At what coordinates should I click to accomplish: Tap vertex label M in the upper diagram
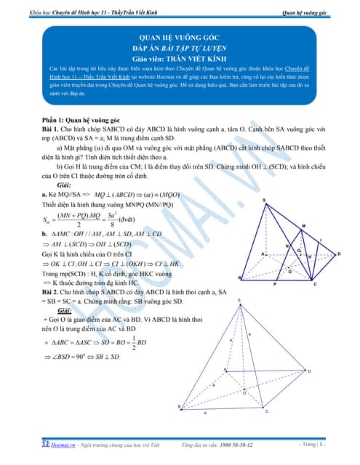click(303, 226)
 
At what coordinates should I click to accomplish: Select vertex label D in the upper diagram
click(338, 254)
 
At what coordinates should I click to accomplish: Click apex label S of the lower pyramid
click(239, 299)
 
